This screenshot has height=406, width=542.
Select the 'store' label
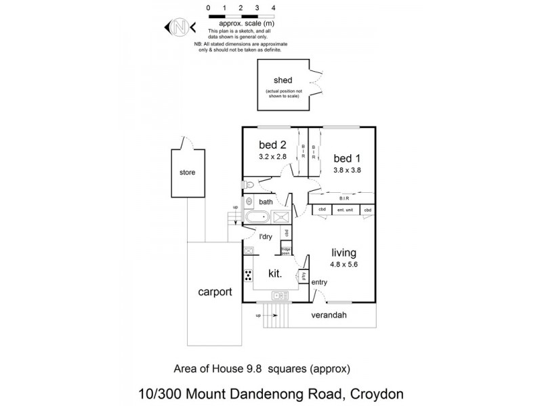(187, 173)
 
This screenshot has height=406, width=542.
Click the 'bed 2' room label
(272, 145)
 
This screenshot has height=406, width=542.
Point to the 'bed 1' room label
(346, 158)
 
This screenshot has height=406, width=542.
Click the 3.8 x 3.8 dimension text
(347, 171)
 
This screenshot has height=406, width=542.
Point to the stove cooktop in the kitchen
(249, 275)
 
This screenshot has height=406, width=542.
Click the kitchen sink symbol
(278, 295)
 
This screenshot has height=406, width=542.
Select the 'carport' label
(215, 292)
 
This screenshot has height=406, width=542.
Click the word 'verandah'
(330, 315)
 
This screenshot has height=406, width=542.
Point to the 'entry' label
(319, 281)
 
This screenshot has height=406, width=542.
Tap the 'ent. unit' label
(346, 210)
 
